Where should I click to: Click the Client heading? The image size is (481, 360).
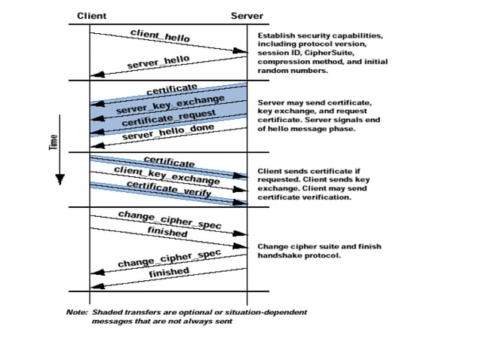click(x=92, y=15)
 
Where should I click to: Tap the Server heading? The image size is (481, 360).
click(x=247, y=15)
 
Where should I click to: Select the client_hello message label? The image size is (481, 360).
click(x=160, y=35)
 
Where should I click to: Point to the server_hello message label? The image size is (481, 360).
click(x=158, y=61)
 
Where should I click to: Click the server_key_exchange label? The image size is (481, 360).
click(x=170, y=105)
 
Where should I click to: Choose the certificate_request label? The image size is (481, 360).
click(x=168, y=117)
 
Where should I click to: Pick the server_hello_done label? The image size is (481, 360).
click(x=167, y=132)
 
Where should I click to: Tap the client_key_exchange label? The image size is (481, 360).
click(x=167, y=175)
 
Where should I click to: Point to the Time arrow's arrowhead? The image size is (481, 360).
click(x=60, y=181)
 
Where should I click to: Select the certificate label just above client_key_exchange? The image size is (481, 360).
click(x=169, y=161)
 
